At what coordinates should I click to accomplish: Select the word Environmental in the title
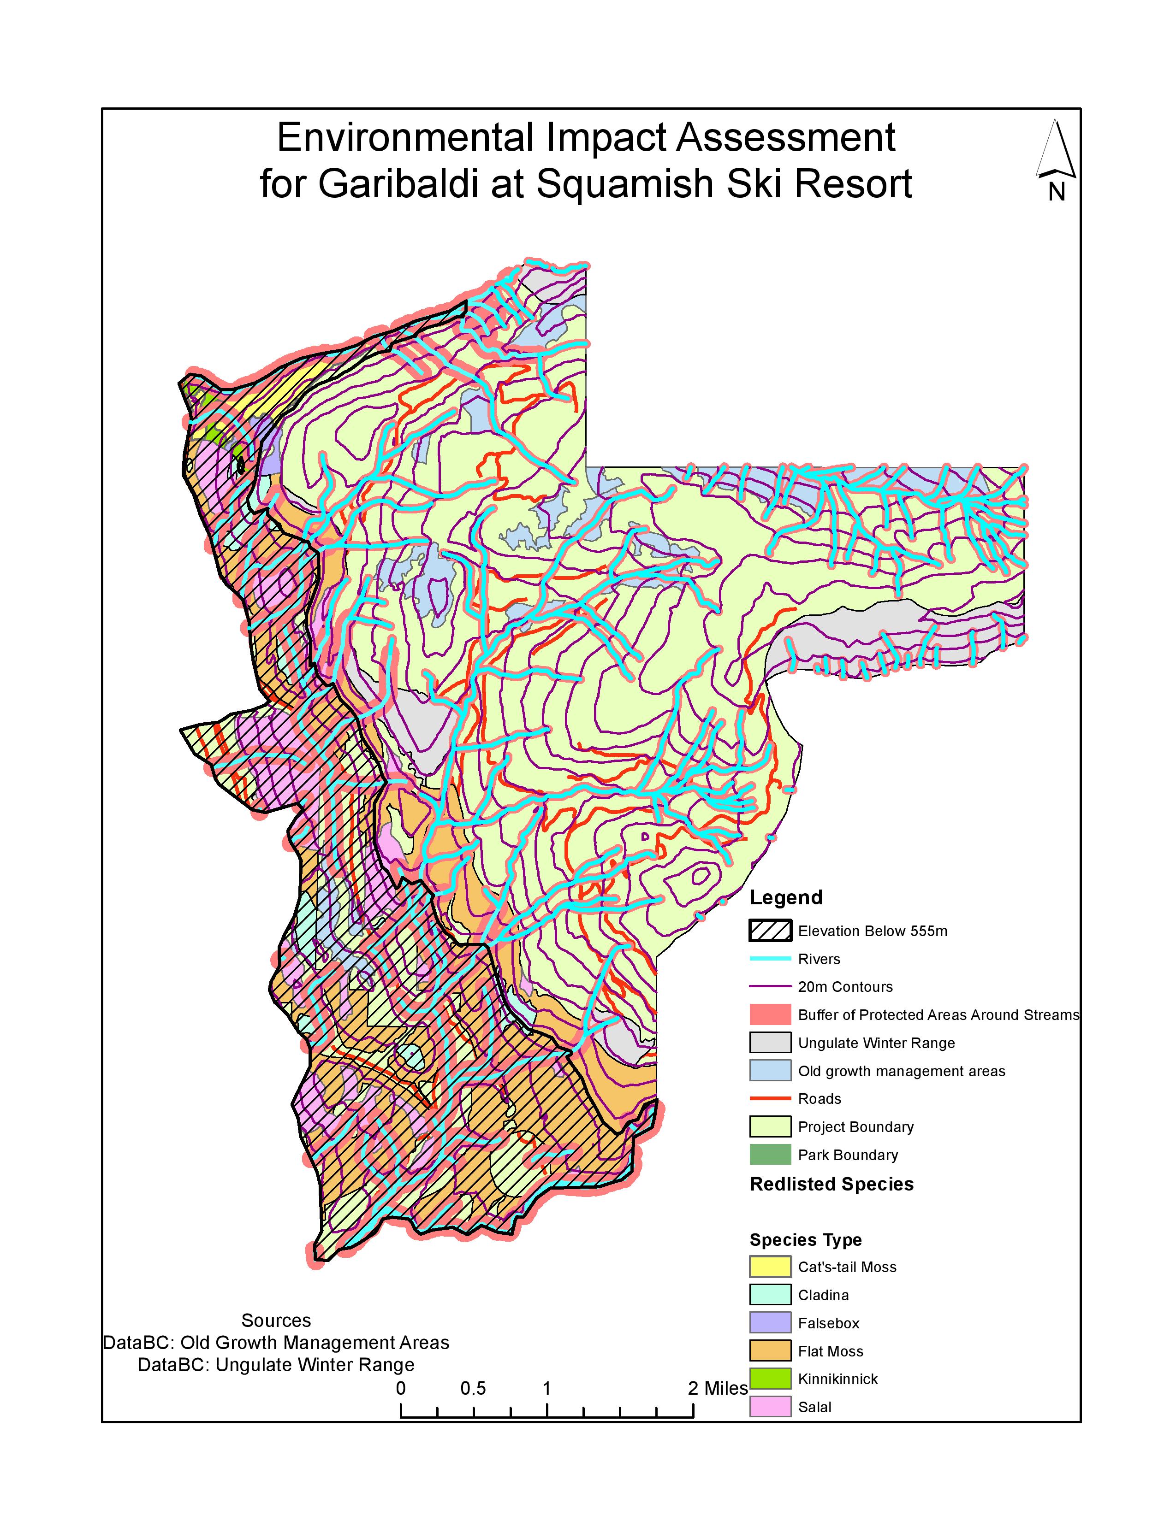click(405, 137)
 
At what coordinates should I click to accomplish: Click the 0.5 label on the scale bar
click(473, 1389)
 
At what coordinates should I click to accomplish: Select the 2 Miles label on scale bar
click(718, 1389)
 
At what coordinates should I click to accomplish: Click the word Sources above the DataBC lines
click(276, 1321)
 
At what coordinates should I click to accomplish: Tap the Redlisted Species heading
click(831, 1185)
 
